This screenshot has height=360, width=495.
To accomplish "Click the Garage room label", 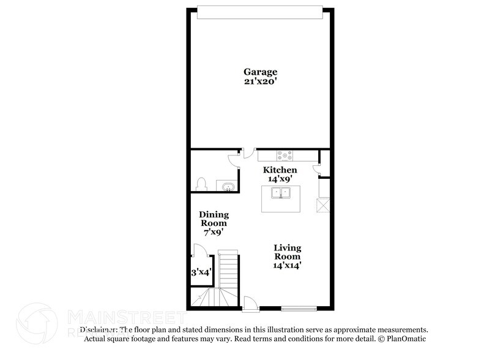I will coord(262,72).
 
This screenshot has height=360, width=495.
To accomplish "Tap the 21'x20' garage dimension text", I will coord(262,82).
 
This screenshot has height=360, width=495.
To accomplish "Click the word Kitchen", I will coord(280,170).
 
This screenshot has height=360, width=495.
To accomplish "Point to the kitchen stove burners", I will coord(285,155).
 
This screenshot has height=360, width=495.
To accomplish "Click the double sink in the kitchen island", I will coord(281,193).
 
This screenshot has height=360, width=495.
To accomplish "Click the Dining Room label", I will coord(214,219).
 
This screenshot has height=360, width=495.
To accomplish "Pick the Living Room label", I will coord(288,252).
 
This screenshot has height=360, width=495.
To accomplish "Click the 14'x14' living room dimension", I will coord(288,266).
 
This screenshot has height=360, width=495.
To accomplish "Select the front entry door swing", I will coord(250,302).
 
